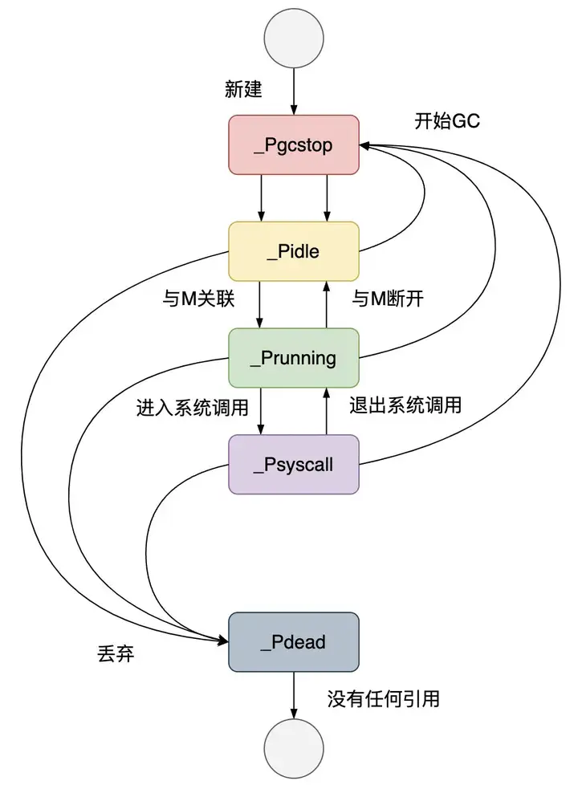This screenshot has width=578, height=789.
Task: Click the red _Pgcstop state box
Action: (x=293, y=145)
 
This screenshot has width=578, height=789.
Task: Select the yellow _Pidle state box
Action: (x=293, y=251)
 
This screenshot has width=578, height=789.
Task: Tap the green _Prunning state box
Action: (x=293, y=358)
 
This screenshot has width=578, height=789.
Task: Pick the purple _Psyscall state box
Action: (x=293, y=464)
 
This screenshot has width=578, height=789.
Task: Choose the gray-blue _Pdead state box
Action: (x=293, y=642)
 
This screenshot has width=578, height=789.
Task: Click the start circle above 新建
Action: (x=294, y=39)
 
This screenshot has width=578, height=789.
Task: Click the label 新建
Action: (x=243, y=89)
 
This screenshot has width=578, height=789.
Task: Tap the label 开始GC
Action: (x=447, y=121)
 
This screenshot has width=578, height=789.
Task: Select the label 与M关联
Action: (x=198, y=299)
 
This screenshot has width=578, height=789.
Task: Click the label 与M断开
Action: (x=388, y=299)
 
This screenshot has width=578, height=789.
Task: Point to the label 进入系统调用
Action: (x=193, y=406)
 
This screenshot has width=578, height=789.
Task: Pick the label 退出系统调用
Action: (x=405, y=405)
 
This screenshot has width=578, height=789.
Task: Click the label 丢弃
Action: (x=115, y=654)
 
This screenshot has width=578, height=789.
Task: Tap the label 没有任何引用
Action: (x=383, y=699)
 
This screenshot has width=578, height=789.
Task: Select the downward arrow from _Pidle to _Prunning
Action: (x=261, y=304)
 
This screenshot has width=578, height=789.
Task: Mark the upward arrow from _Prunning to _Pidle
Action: (x=326, y=304)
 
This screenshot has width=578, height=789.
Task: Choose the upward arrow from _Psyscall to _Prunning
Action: (x=326, y=410)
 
